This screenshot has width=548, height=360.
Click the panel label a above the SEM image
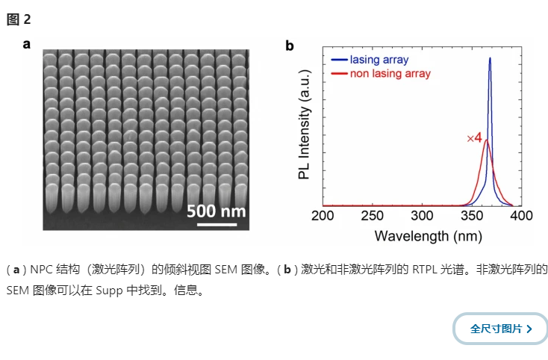coord(27,43)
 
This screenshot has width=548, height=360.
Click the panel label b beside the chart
coord(290,46)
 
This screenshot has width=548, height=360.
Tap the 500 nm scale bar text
coord(216,211)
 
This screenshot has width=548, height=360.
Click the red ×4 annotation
coord(474,138)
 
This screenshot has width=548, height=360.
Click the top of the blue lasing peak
coord(490,58)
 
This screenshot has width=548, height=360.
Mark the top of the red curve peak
coord(487,140)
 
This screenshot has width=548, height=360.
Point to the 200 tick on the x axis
coord(323,216)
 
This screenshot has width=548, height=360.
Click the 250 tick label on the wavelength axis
coord(373,216)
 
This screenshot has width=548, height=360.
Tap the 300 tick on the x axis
coord(423,216)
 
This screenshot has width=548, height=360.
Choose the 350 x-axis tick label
coord(472,216)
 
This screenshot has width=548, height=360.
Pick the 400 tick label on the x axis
coord(521,216)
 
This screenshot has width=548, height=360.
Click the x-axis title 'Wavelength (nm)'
coord(423,236)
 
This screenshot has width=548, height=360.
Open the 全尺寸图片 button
coord(501,329)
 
